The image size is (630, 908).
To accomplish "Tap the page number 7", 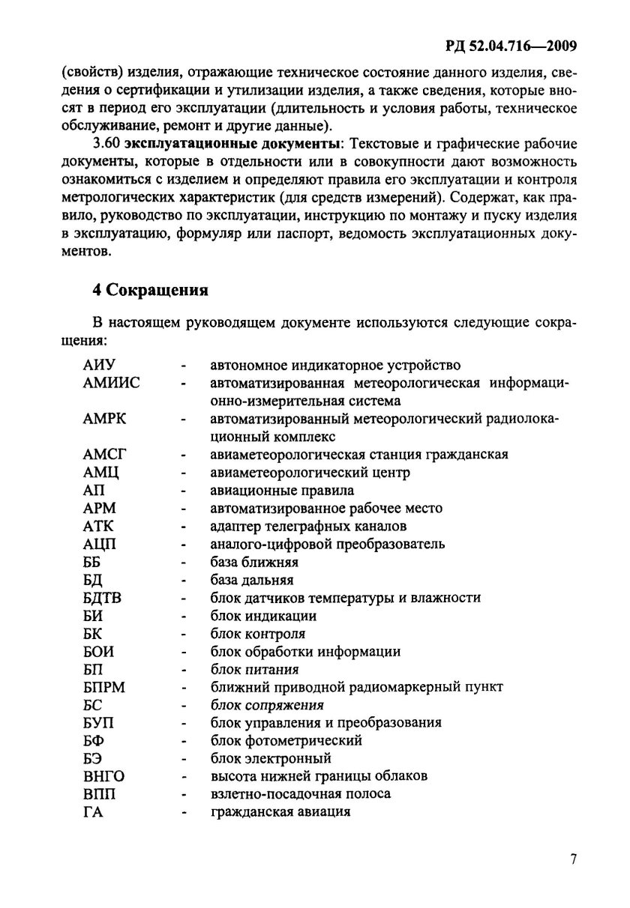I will pyautogui.click(x=572, y=859).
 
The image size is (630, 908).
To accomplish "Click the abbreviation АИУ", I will pyautogui.click(x=99, y=366).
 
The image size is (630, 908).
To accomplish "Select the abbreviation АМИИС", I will pyautogui.click(x=112, y=384).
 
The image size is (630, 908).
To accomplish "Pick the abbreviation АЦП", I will pyautogui.click(x=100, y=544).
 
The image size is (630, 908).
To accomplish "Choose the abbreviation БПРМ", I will pyautogui.click(x=105, y=687).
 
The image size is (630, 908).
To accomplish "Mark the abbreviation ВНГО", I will pyautogui.click(x=103, y=776).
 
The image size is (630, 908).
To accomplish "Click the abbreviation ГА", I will pyautogui.click(x=93, y=812).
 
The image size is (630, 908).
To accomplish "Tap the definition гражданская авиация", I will pyautogui.click(x=280, y=812).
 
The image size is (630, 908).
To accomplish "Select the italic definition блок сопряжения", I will pyautogui.click(x=267, y=705).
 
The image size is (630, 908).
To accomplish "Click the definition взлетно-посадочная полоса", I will pyautogui.click(x=301, y=794).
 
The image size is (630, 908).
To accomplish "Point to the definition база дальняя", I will pyautogui.click(x=252, y=580).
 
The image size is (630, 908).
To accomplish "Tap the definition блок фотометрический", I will pyautogui.click(x=286, y=741).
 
